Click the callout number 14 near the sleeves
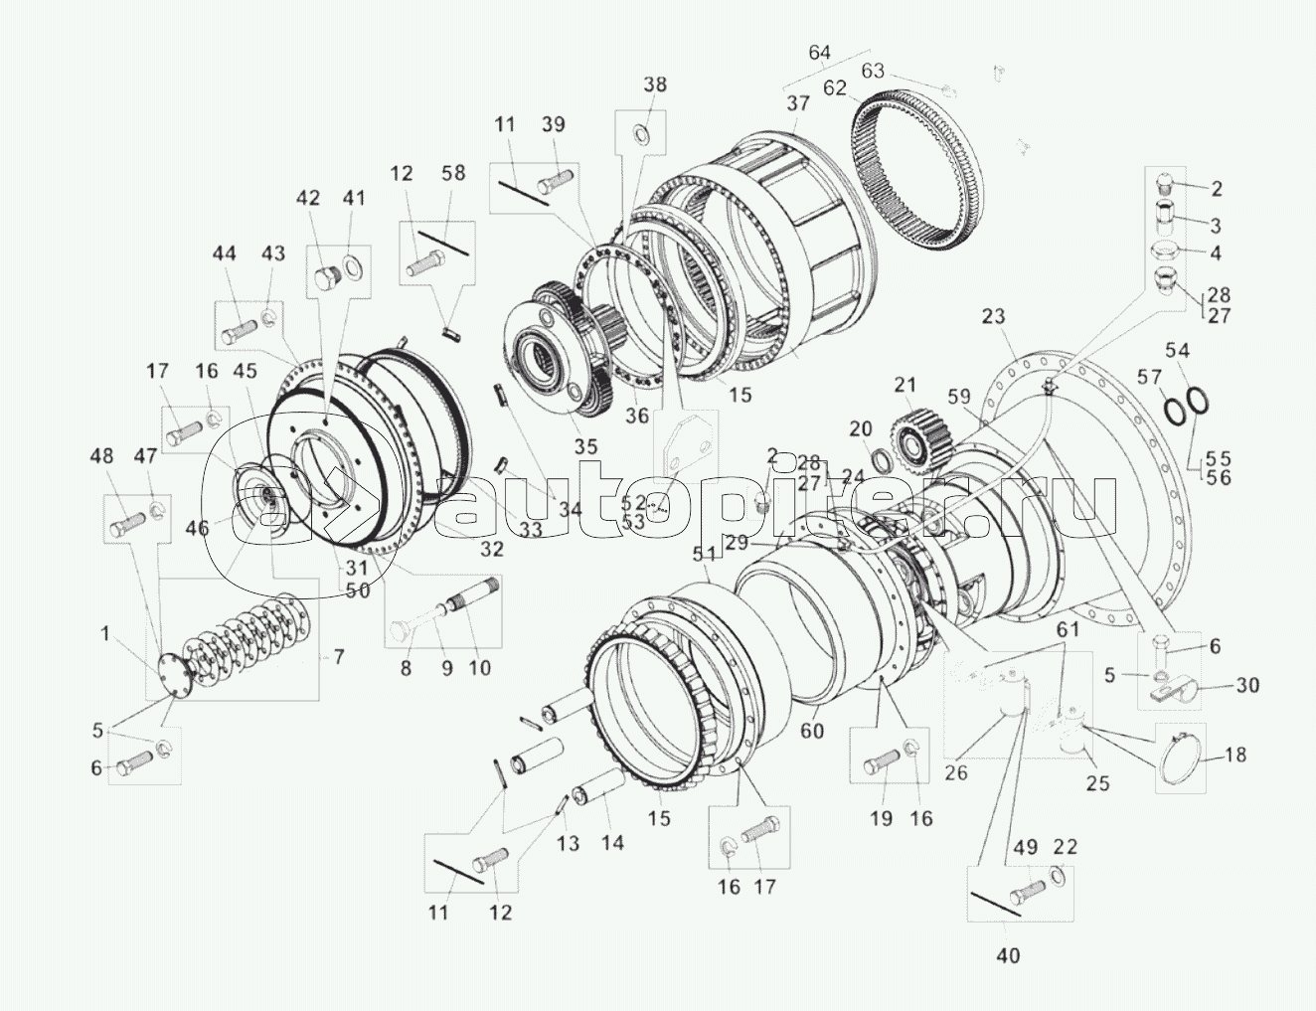612,842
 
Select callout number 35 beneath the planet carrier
585,446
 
